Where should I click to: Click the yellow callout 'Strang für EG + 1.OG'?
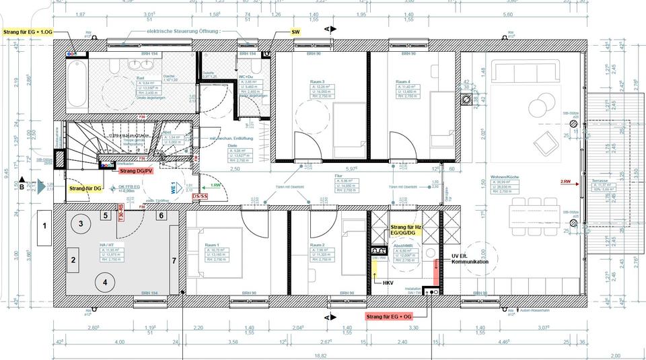28,32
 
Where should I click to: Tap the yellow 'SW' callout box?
295,32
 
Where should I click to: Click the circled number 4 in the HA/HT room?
104,282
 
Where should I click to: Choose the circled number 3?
81,223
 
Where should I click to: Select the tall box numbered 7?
174,259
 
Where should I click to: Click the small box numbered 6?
161,215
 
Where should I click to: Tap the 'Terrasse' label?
600,181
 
